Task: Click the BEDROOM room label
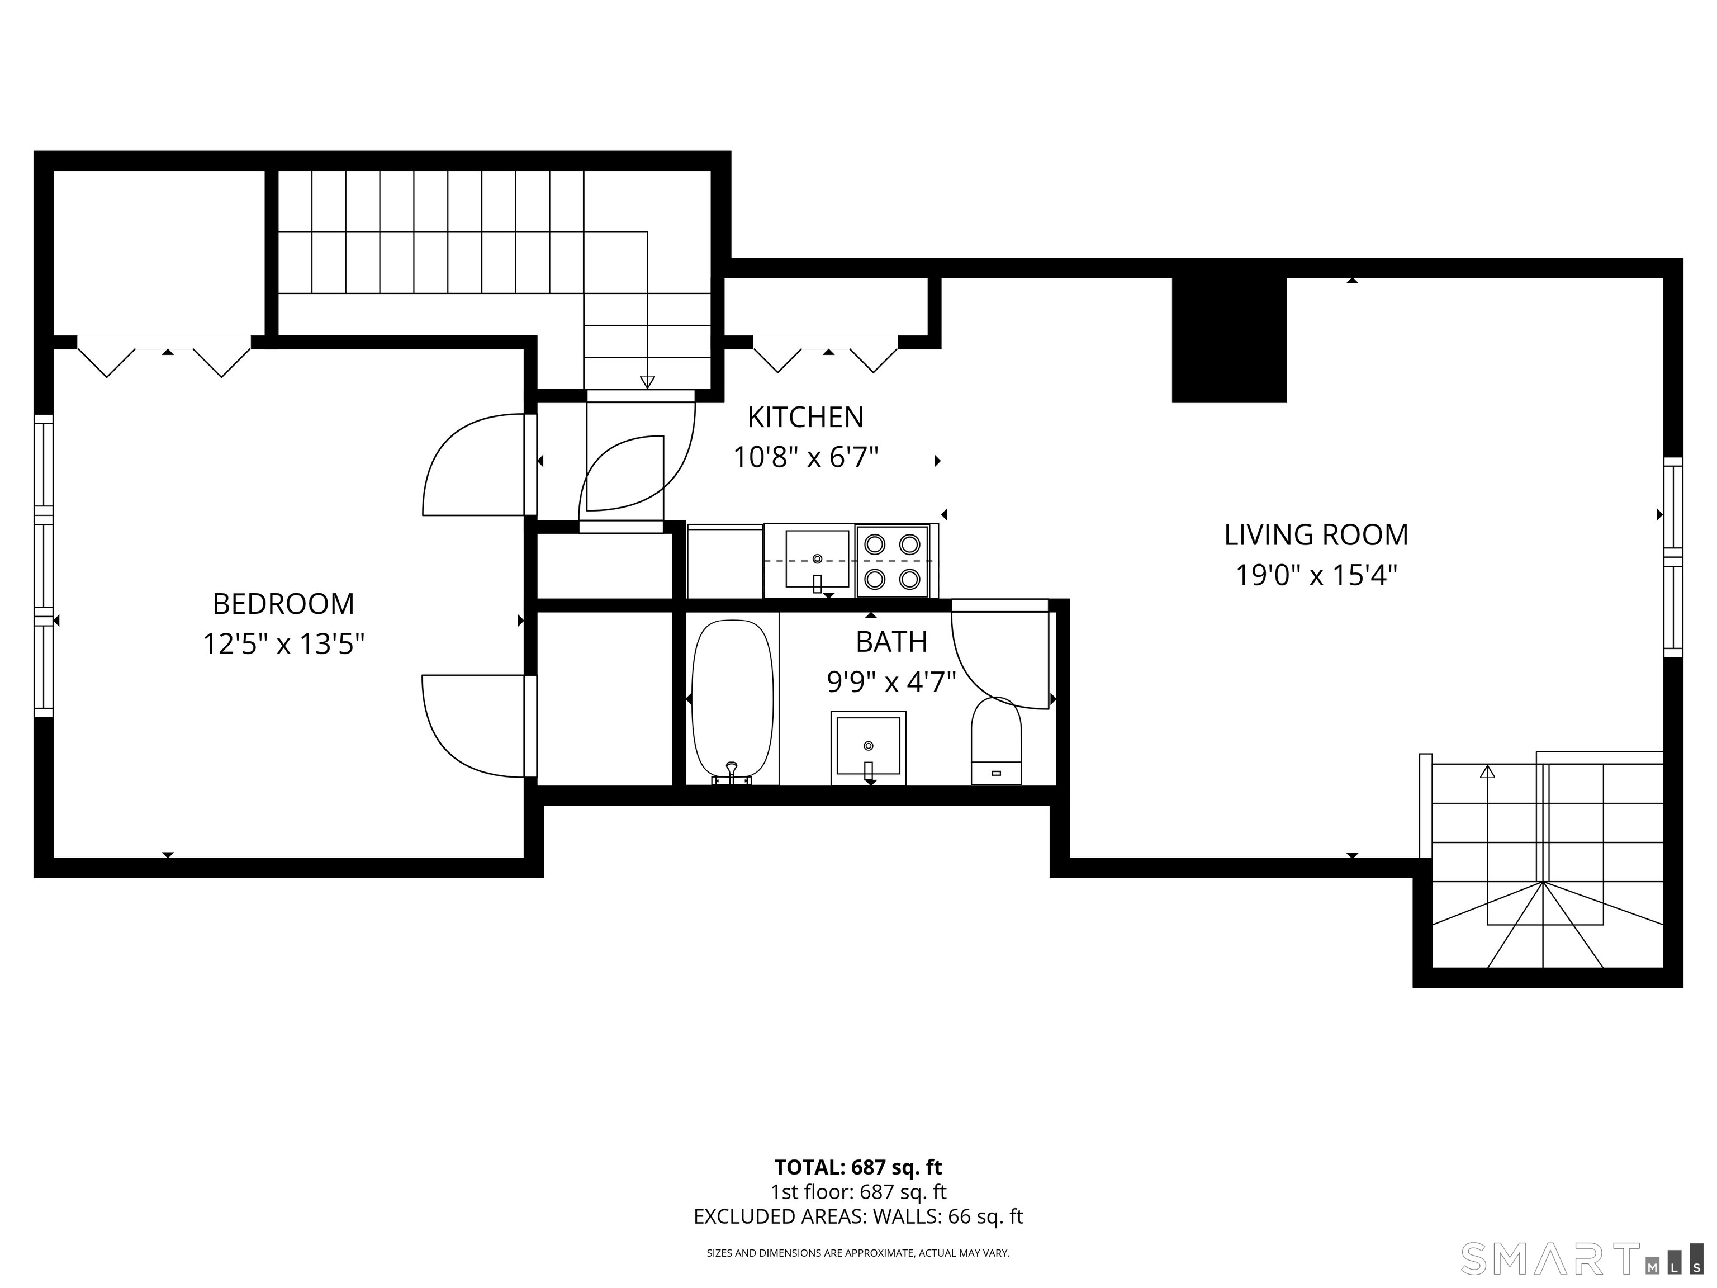point(283,603)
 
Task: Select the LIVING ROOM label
point(1316,535)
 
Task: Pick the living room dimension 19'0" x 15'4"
point(1316,575)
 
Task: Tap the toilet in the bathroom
point(997,741)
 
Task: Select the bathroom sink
point(868,747)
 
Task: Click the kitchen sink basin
point(817,559)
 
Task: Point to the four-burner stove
point(893,561)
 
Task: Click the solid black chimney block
point(1229,340)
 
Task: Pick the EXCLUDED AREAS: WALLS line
point(858,1216)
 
